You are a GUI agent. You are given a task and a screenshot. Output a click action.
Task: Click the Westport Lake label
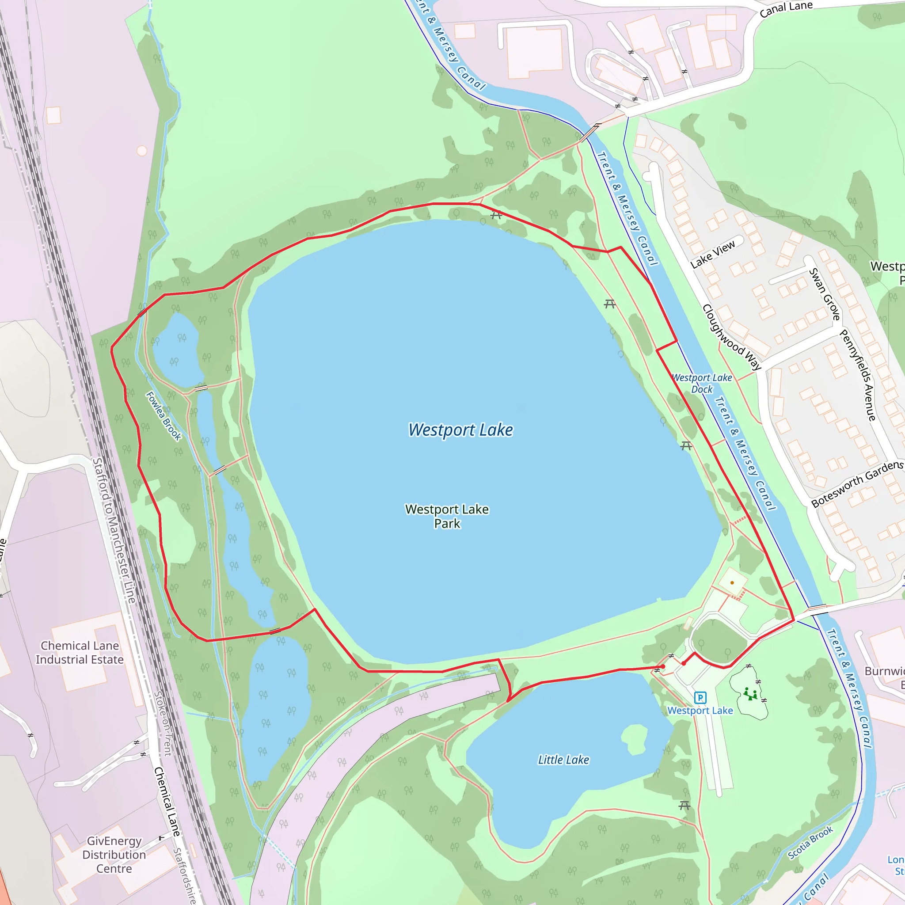click(460, 430)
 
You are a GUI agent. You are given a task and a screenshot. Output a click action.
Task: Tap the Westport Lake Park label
click(447, 516)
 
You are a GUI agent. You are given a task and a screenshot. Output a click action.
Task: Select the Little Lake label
click(563, 760)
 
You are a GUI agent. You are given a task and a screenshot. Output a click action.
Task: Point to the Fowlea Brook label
click(164, 416)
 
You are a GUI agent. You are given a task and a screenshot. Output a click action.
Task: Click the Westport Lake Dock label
click(702, 384)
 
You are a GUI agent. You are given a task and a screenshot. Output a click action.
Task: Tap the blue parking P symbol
click(700, 698)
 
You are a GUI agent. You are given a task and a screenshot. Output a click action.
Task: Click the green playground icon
click(750, 694)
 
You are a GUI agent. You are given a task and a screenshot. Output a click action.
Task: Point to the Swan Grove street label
click(825, 294)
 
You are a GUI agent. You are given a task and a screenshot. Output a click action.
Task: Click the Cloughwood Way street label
click(732, 337)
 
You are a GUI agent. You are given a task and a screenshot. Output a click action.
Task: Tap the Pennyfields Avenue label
click(857, 375)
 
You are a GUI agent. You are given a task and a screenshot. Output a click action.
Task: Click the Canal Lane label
click(786, 8)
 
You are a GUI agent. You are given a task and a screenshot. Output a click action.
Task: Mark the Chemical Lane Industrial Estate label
click(80, 653)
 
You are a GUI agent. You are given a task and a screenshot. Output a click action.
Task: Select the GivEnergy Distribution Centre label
click(114, 855)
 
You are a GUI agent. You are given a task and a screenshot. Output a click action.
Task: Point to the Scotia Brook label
click(810, 843)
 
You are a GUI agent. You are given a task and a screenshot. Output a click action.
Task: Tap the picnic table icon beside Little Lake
click(684, 806)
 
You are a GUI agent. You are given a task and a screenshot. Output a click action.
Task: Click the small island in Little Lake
click(635, 739)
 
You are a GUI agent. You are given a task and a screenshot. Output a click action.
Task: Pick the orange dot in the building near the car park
click(732, 583)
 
